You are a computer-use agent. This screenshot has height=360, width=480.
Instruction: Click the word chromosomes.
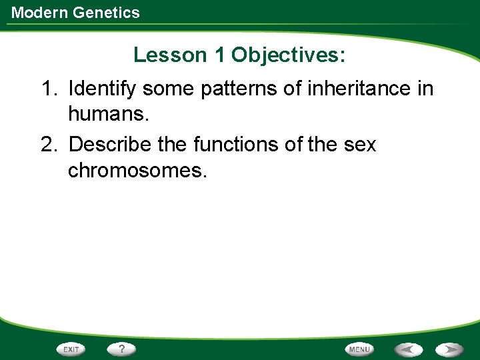point(137,171)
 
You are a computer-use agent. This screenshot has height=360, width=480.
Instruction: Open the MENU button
point(359,349)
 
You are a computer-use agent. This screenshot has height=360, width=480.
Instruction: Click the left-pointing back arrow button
point(407,349)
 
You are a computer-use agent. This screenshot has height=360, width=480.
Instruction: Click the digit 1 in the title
point(219,55)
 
